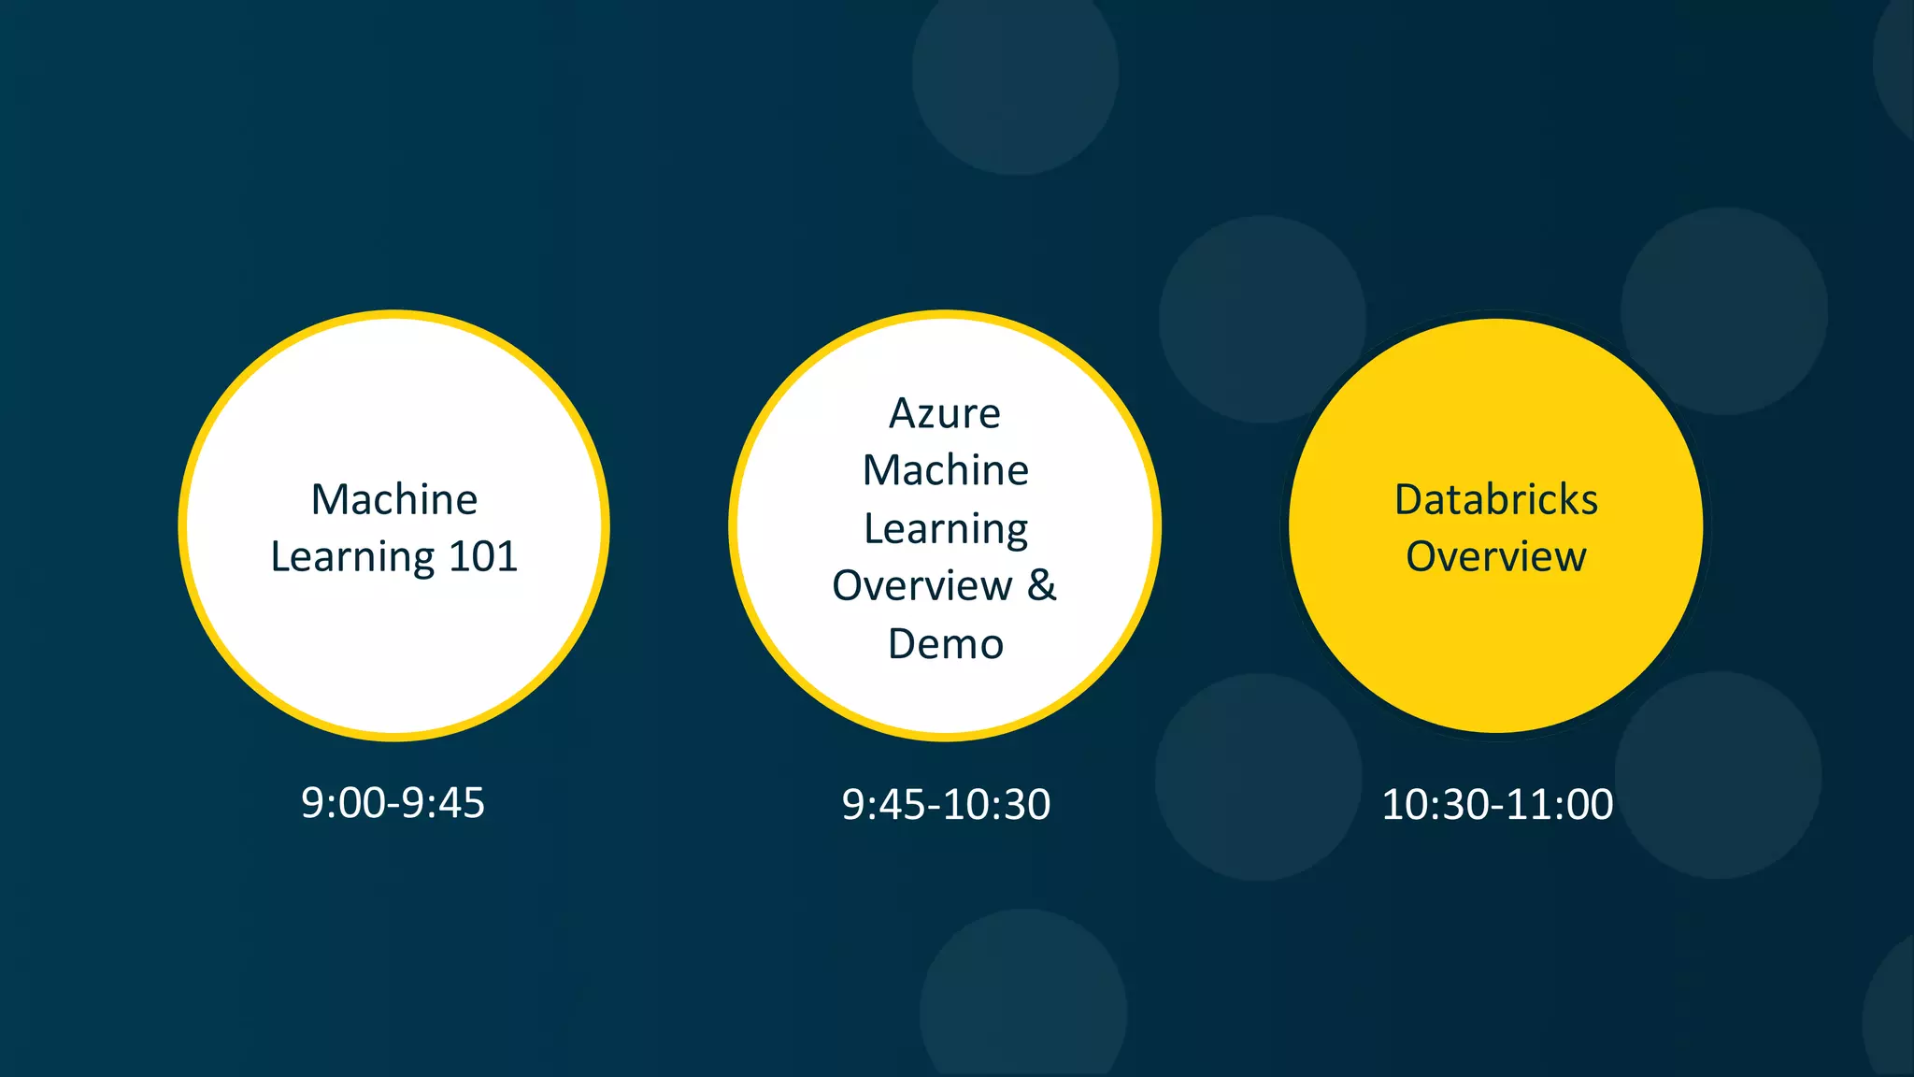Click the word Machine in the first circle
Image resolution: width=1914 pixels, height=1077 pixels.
(393, 499)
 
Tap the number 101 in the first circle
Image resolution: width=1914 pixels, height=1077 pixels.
(483, 557)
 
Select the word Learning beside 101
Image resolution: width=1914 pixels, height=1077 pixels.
(353, 558)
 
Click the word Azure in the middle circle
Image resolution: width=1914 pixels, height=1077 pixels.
(945, 413)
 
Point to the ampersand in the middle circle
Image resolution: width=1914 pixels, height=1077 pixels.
(1042, 585)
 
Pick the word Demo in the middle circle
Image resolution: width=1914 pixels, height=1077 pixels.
(946, 644)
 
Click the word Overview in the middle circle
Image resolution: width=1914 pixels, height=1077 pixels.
(922, 586)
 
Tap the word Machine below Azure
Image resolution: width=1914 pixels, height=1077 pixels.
(946, 470)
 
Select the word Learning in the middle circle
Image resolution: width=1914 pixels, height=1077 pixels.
(946, 529)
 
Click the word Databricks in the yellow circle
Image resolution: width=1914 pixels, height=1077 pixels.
(1496, 499)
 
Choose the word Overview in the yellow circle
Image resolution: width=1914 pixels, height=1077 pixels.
(1496, 557)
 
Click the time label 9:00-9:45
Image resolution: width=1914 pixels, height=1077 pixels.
(393, 803)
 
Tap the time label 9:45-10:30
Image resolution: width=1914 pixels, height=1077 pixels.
(946, 805)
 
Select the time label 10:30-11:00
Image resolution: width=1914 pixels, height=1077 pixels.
(1497, 805)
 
